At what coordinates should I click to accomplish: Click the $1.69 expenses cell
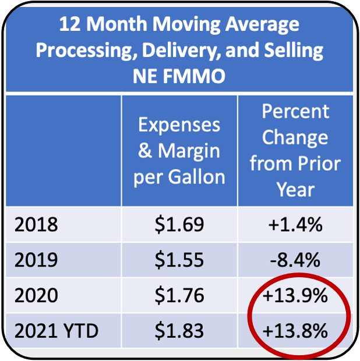coord(179,225)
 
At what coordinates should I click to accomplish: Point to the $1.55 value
coord(179,260)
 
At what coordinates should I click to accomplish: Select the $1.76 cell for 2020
coord(179,296)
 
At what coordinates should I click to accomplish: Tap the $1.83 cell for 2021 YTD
coord(179,331)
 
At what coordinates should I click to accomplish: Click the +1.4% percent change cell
coord(295,225)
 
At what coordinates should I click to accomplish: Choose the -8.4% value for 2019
coord(295,260)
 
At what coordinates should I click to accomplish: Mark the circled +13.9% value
coord(295,296)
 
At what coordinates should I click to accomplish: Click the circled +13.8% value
coord(295,331)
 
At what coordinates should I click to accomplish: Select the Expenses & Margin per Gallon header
coord(179,151)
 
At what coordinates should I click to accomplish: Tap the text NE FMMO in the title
coord(179,76)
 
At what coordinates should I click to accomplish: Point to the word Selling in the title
coord(291,50)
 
